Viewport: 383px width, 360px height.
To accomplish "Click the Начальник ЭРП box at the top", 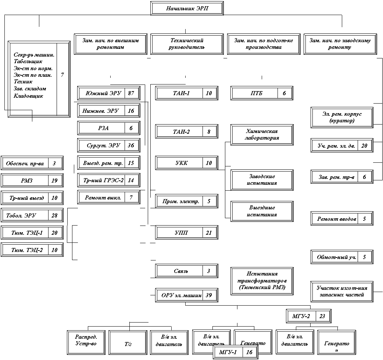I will pos(187,8).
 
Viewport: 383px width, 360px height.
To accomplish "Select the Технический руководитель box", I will pos(187,44).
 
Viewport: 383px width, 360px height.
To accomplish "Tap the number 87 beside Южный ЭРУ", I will pos(131,93).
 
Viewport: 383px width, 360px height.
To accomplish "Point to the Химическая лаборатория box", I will pos(262,135).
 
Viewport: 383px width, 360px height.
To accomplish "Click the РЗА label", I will pos(101,128).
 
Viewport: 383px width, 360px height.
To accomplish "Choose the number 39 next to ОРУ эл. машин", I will pos(209,295).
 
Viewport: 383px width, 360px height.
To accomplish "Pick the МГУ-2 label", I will pos(301,316).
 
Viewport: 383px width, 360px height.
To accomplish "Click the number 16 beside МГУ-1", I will pos(249,353).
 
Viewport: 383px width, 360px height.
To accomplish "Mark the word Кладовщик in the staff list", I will pos(28,96).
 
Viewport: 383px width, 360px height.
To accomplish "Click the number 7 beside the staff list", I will pos(62,75).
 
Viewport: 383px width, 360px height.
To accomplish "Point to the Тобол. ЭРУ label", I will pos(25,215).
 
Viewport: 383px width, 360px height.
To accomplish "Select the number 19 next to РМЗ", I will pos(54,181).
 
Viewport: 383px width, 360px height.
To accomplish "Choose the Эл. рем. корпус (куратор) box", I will pos(342,118).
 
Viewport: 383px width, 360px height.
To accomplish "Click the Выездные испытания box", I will pos(262,211).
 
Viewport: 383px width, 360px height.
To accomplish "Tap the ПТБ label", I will pos(254,93).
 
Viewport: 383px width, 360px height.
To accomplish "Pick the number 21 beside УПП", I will pos(209,233).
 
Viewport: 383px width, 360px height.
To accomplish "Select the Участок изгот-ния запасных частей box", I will pos(342,291).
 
